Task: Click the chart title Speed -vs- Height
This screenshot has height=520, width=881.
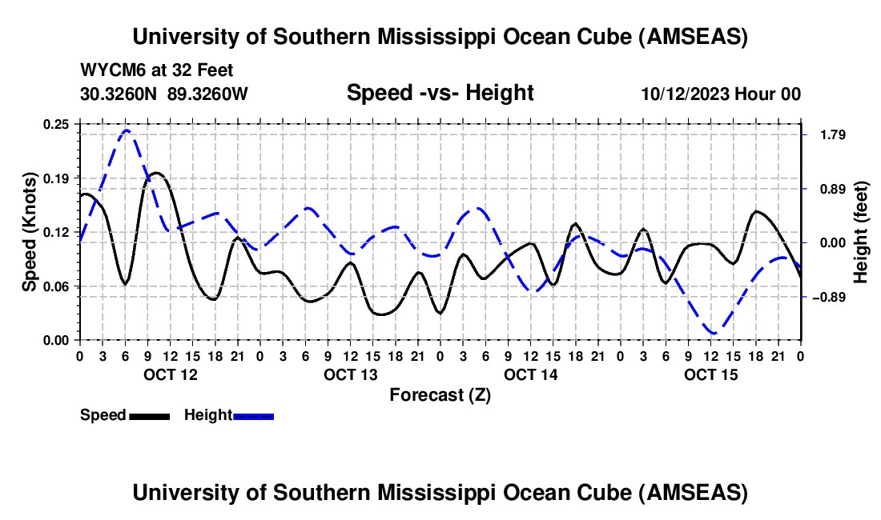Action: (440, 94)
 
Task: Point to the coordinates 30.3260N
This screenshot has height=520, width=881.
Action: (120, 94)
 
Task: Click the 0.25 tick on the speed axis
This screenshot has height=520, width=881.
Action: (57, 124)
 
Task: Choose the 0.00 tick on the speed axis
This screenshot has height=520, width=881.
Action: (57, 340)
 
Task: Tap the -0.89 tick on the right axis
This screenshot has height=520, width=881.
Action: (826, 297)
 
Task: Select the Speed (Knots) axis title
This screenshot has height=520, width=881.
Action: (30, 232)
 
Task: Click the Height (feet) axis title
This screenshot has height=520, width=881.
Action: (862, 232)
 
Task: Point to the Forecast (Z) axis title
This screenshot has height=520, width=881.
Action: (440, 394)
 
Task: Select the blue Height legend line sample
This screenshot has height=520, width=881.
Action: (253, 416)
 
